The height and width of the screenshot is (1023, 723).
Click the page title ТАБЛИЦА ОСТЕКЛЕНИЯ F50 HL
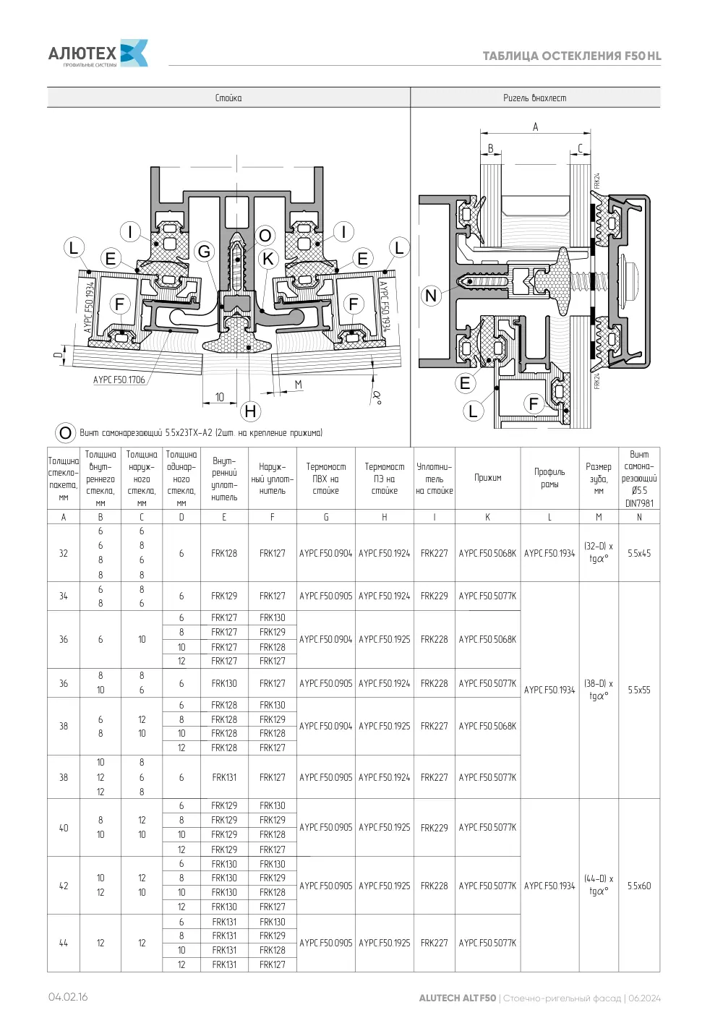pos(571,56)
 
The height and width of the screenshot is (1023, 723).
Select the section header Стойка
pos(228,98)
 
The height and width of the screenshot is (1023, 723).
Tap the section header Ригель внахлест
pos(534,98)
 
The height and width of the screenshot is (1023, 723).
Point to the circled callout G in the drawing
pos(204,251)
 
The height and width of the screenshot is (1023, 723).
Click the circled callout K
pos(268,259)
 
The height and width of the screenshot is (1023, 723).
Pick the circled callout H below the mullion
pos(250,411)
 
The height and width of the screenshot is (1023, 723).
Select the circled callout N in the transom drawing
pos(431,296)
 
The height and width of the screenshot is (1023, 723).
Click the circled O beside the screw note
pos(65,432)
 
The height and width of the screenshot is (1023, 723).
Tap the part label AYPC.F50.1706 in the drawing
pos(119,380)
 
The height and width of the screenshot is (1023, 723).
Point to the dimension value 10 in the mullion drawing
pos(220,397)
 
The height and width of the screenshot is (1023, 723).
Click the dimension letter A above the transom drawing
pos(535,127)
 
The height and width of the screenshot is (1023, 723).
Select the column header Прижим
pos(488,478)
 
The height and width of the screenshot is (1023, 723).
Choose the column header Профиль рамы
pos(549,478)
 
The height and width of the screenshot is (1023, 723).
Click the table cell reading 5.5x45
pos(639,553)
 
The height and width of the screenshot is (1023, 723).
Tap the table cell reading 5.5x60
pos(639,886)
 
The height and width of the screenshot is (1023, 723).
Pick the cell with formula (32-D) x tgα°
pos(599,552)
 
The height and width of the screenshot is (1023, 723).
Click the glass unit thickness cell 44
pos(64,943)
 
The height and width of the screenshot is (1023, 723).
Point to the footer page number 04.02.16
pos(68,997)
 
